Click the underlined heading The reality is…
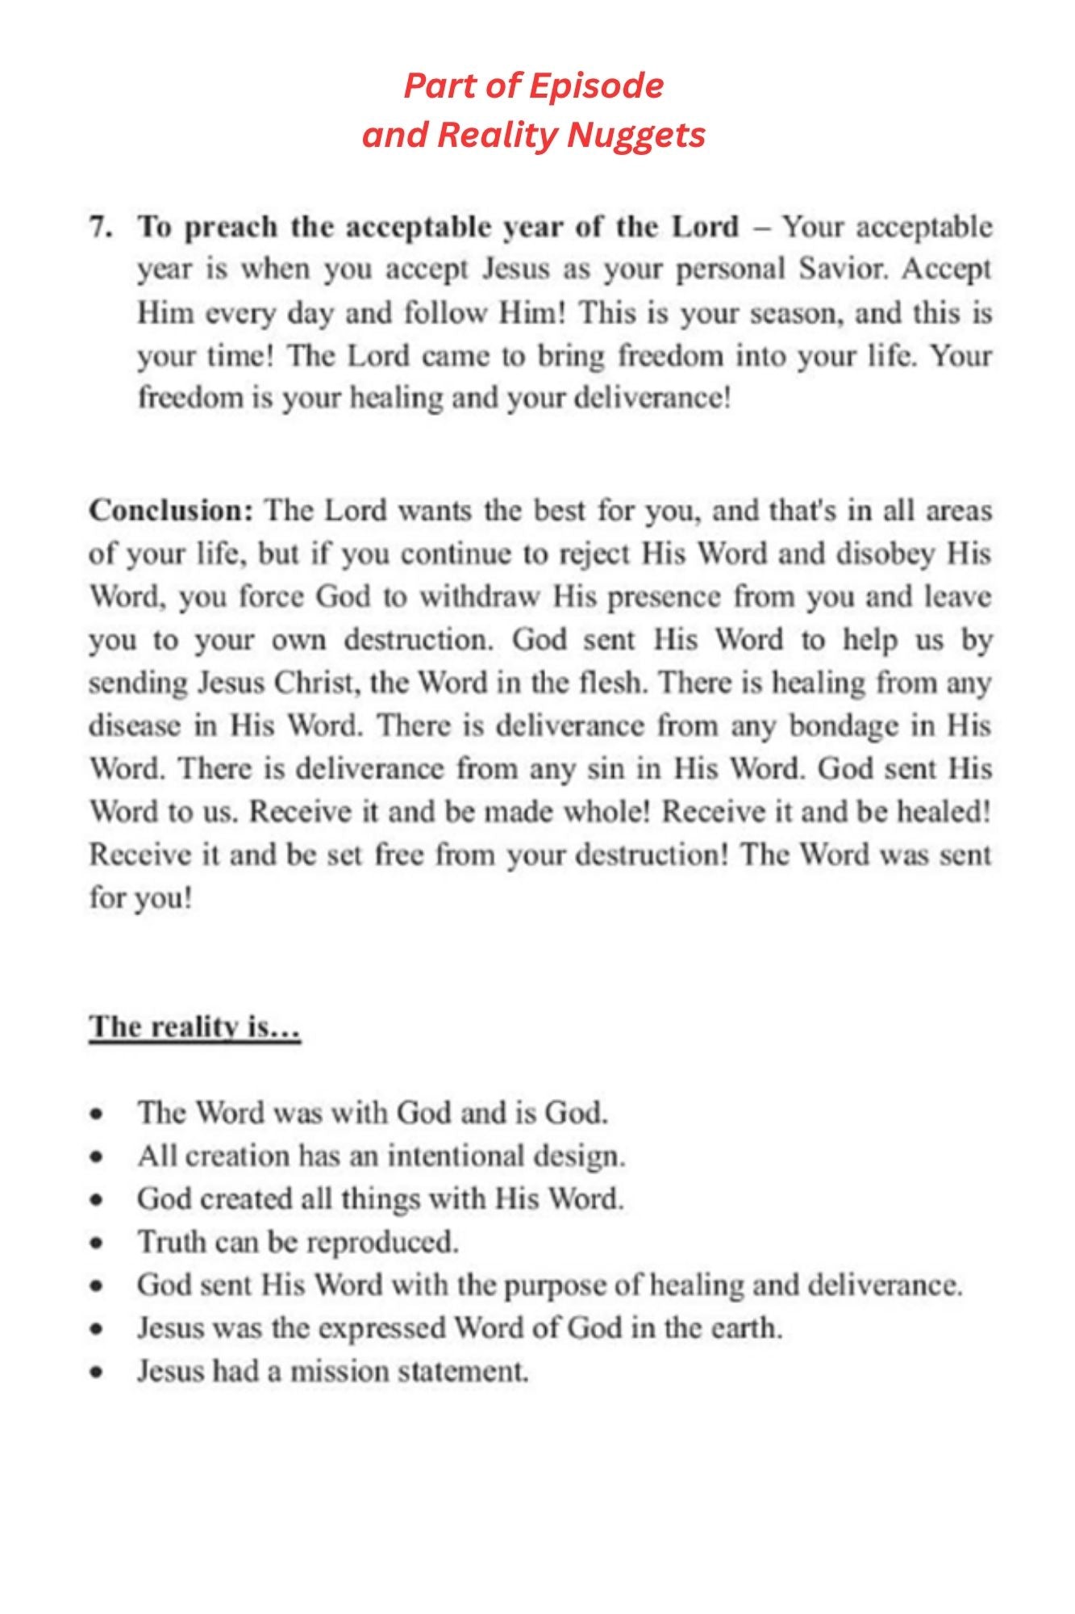point(194,1027)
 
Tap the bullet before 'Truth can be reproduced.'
point(97,1244)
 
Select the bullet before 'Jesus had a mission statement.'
point(97,1372)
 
